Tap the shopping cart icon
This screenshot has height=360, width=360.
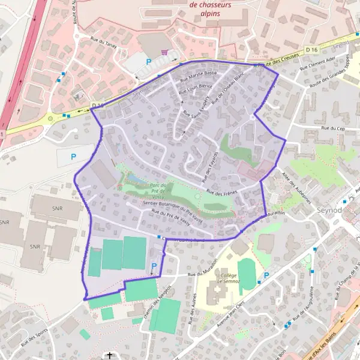164,52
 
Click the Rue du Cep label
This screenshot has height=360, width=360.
333,128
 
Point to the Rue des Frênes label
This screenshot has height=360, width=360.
222,192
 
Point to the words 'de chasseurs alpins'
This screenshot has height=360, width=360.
210,9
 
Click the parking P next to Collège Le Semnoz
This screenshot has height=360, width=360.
266,275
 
